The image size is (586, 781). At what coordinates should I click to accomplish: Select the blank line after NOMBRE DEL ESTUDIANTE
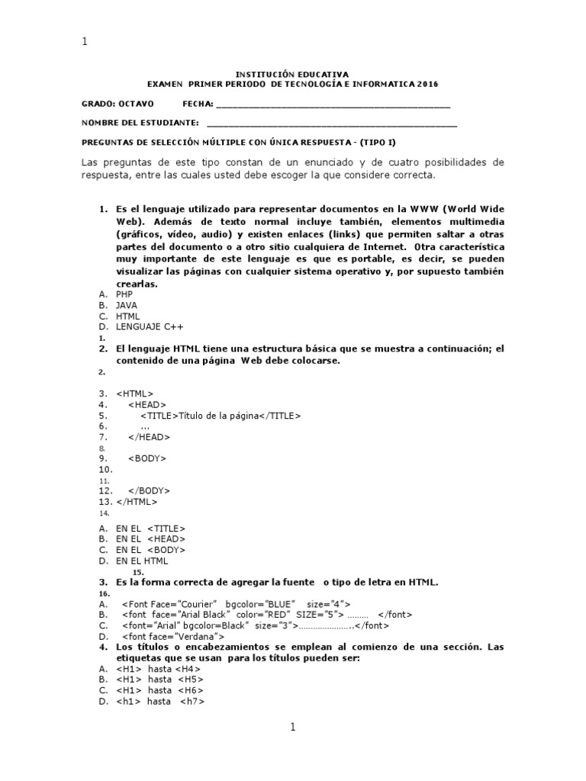click(332, 123)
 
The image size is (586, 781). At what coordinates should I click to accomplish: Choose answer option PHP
click(124, 294)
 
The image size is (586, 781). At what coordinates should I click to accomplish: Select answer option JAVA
click(127, 305)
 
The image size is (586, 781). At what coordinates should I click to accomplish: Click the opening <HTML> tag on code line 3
click(135, 393)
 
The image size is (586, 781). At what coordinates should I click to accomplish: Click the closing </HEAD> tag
click(150, 437)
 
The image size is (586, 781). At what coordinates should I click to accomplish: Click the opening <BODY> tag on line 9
click(147, 458)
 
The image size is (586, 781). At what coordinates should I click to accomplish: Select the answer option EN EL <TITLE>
click(150, 528)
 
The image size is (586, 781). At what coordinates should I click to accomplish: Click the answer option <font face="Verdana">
click(172, 636)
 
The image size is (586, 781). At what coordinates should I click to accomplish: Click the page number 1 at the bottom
click(292, 728)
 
